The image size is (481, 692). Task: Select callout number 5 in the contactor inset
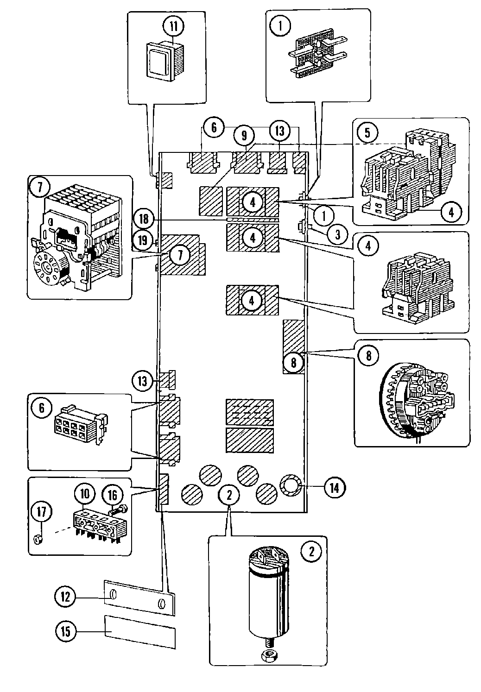[367, 133]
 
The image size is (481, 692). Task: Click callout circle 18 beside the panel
[144, 219]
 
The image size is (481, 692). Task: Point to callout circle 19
[144, 240]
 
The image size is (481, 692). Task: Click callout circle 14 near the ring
[334, 487]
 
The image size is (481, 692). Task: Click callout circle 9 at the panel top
[244, 136]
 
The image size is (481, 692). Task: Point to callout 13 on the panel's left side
[142, 381]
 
